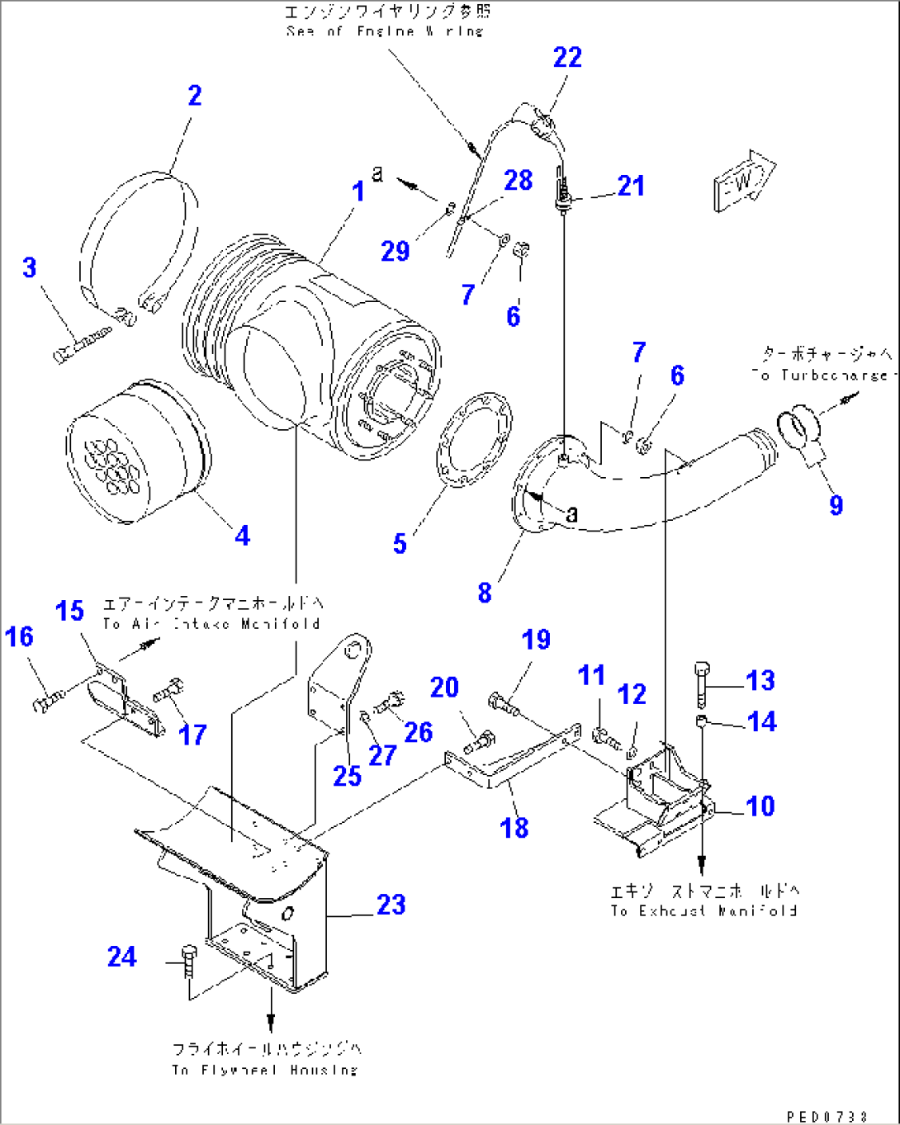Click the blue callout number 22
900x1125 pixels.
567,58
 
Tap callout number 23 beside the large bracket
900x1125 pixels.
391,905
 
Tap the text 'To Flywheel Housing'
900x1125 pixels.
265,1070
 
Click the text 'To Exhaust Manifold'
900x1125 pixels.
703,910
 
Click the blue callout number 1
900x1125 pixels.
358,192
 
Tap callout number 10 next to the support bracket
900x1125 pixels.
760,806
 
